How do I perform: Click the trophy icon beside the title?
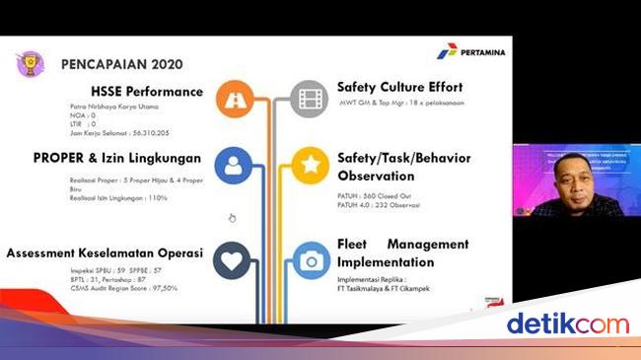[x=30, y=63]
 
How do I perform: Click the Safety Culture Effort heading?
[x=399, y=87]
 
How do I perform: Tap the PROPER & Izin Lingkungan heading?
[x=117, y=158]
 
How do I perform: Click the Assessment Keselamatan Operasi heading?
[x=105, y=252]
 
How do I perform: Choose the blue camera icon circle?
[x=312, y=260]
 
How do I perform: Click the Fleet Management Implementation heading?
[x=402, y=252]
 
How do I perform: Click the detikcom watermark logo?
[x=567, y=324]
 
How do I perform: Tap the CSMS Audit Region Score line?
[x=109, y=288]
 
